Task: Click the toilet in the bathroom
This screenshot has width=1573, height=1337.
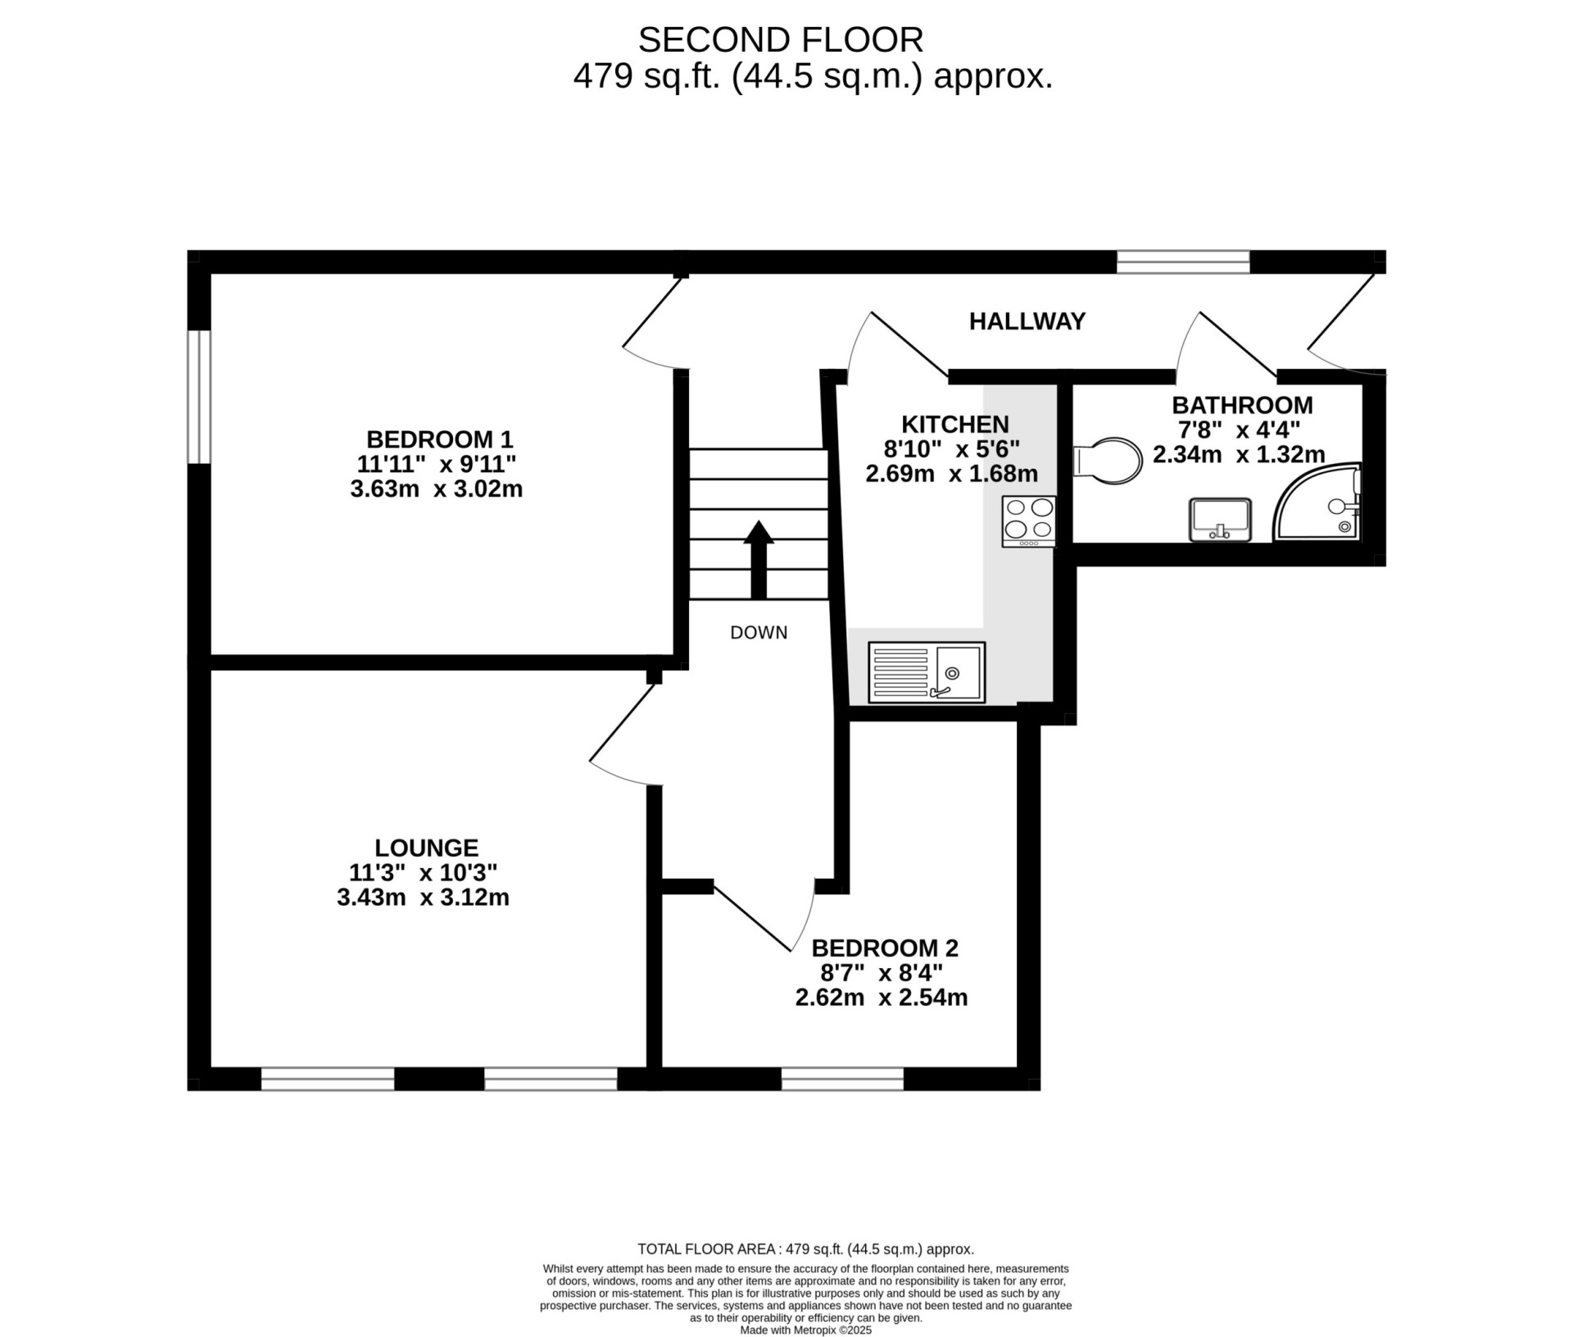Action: point(1108,461)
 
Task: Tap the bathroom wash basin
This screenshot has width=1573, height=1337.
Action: point(1220,520)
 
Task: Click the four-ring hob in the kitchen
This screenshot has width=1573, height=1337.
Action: point(1029,521)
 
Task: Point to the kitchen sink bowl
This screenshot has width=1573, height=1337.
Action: point(959,671)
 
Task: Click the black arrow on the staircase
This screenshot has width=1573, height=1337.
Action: point(759,560)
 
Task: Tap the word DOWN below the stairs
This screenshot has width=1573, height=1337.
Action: point(759,633)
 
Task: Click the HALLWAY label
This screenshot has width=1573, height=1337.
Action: point(1027,321)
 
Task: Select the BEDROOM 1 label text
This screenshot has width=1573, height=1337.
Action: point(439,439)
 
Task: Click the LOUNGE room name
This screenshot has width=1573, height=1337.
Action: point(426,848)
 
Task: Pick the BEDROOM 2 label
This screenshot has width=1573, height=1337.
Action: point(885,948)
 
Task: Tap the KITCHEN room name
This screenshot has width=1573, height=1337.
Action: point(955,425)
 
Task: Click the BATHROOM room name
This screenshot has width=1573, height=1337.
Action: point(1242,405)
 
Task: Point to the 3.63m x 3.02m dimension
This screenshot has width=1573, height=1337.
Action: point(437,489)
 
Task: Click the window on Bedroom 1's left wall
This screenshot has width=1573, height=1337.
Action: point(199,397)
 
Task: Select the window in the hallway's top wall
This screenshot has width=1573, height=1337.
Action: point(1184,261)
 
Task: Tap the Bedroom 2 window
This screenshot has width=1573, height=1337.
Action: point(842,1079)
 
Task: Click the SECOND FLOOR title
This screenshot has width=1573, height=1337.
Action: point(781,39)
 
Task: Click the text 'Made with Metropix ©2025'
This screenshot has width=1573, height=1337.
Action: point(806,1330)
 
